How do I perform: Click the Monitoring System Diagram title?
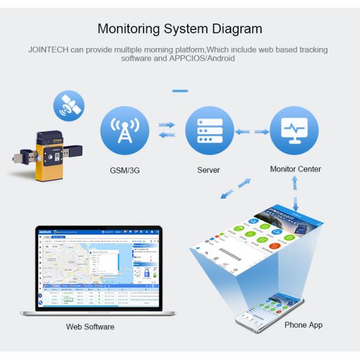(x=179, y=28)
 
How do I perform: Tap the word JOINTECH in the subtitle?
(x=48, y=49)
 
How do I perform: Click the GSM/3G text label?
(x=125, y=170)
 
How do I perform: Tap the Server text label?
(x=209, y=170)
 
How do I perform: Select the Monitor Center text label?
(x=295, y=169)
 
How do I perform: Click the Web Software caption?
(x=90, y=327)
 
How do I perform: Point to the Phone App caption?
(x=304, y=325)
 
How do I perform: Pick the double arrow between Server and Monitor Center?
(x=252, y=131)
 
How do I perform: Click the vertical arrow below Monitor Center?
(x=295, y=194)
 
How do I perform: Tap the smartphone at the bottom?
(x=268, y=310)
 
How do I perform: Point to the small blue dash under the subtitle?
(x=180, y=91)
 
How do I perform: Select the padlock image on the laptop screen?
(x=146, y=274)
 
